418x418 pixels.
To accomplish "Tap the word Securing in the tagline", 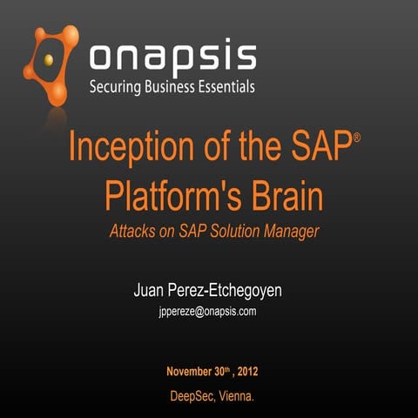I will (x=118, y=87).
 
